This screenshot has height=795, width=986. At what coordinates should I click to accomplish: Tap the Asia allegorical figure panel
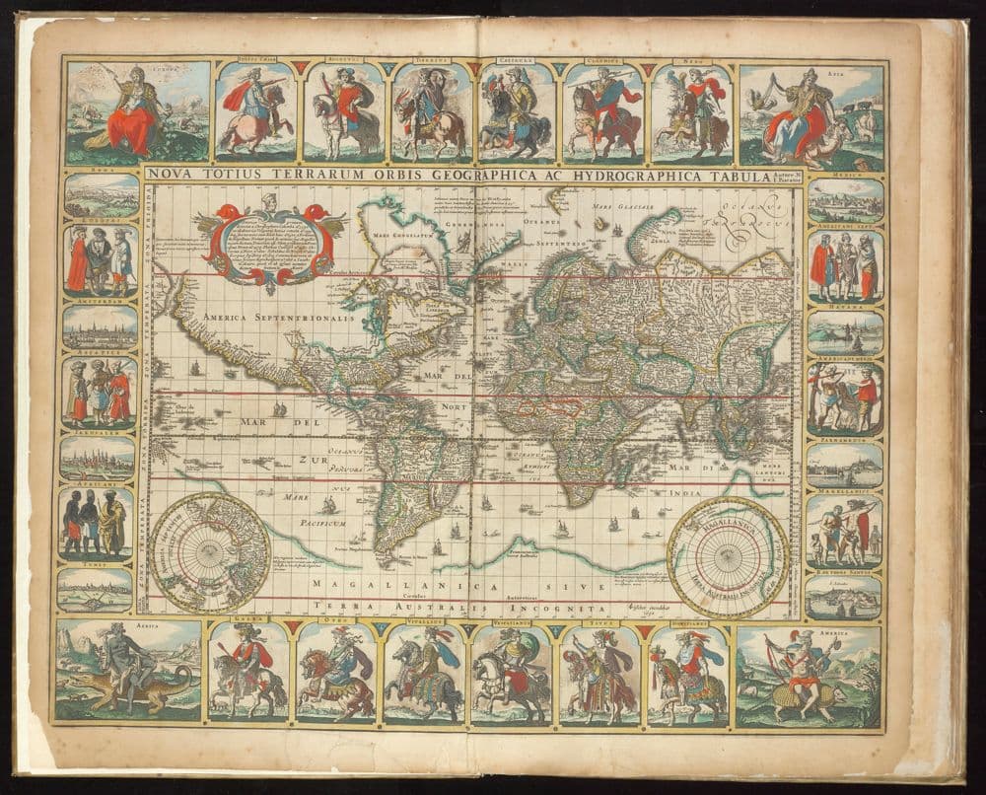click(x=811, y=113)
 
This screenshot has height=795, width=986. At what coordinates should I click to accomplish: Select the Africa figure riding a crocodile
click(x=128, y=670)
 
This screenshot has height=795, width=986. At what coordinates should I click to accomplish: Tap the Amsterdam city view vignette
click(x=100, y=326)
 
